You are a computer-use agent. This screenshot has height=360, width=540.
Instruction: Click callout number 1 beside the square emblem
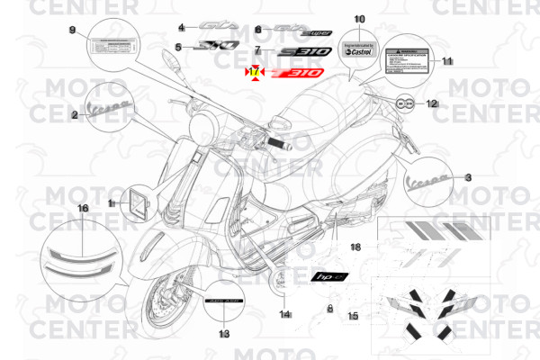pyautogui.click(x=112, y=204)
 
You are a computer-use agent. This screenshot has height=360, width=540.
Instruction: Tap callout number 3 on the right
pyautogui.click(x=467, y=179)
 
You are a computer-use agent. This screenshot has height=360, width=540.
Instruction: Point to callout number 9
pyautogui.click(x=73, y=31)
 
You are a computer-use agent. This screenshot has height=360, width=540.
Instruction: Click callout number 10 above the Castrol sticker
pyautogui.click(x=359, y=19)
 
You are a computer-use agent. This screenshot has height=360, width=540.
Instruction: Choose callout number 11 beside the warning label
pyautogui.click(x=447, y=60)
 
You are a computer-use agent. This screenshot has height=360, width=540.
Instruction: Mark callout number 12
pyautogui.click(x=431, y=103)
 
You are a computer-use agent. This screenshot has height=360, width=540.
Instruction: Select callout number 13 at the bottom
pyautogui.click(x=224, y=333)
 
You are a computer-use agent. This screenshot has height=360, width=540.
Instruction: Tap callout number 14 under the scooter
pyautogui.click(x=284, y=314)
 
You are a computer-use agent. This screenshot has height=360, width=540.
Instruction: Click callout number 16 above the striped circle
pyautogui.click(x=83, y=208)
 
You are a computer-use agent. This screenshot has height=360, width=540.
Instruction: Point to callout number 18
pyautogui.click(x=355, y=247)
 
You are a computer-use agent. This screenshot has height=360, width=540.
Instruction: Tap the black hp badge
pyautogui.click(x=329, y=278)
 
